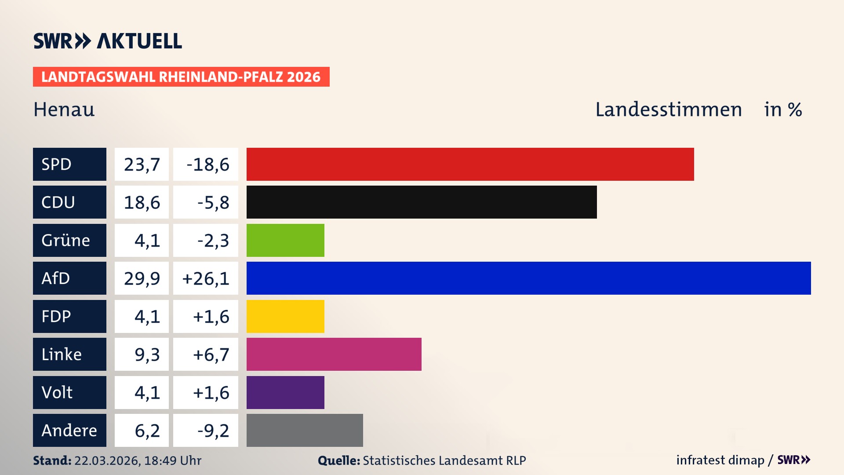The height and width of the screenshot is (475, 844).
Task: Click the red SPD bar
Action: [x=470, y=164]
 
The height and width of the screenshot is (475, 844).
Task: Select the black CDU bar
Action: [x=422, y=202]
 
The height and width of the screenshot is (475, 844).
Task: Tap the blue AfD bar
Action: [x=528, y=278]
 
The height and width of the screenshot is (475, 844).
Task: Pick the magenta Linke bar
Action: [x=334, y=354]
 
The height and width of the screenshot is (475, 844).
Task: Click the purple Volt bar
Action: [x=285, y=392]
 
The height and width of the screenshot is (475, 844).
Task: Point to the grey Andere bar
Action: [x=305, y=430]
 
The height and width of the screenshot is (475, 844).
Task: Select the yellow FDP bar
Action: [x=285, y=316]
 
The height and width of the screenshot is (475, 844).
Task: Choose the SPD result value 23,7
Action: [x=142, y=164]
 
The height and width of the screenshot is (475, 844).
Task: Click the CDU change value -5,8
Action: [x=213, y=202]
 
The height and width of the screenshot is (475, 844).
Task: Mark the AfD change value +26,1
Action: [x=206, y=278]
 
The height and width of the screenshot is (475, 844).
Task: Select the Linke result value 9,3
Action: [x=147, y=354]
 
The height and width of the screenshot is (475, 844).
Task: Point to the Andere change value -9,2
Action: [x=213, y=431]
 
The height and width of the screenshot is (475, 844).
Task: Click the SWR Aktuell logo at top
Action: [x=107, y=41]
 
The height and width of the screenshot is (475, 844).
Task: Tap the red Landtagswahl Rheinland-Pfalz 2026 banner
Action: [x=181, y=77]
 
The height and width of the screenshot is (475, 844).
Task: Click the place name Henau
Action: [x=64, y=110]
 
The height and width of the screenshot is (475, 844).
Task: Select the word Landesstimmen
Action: [x=669, y=110]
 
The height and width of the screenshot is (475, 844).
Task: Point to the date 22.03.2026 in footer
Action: [x=106, y=460]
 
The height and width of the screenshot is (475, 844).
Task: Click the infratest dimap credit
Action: [x=720, y=460]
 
